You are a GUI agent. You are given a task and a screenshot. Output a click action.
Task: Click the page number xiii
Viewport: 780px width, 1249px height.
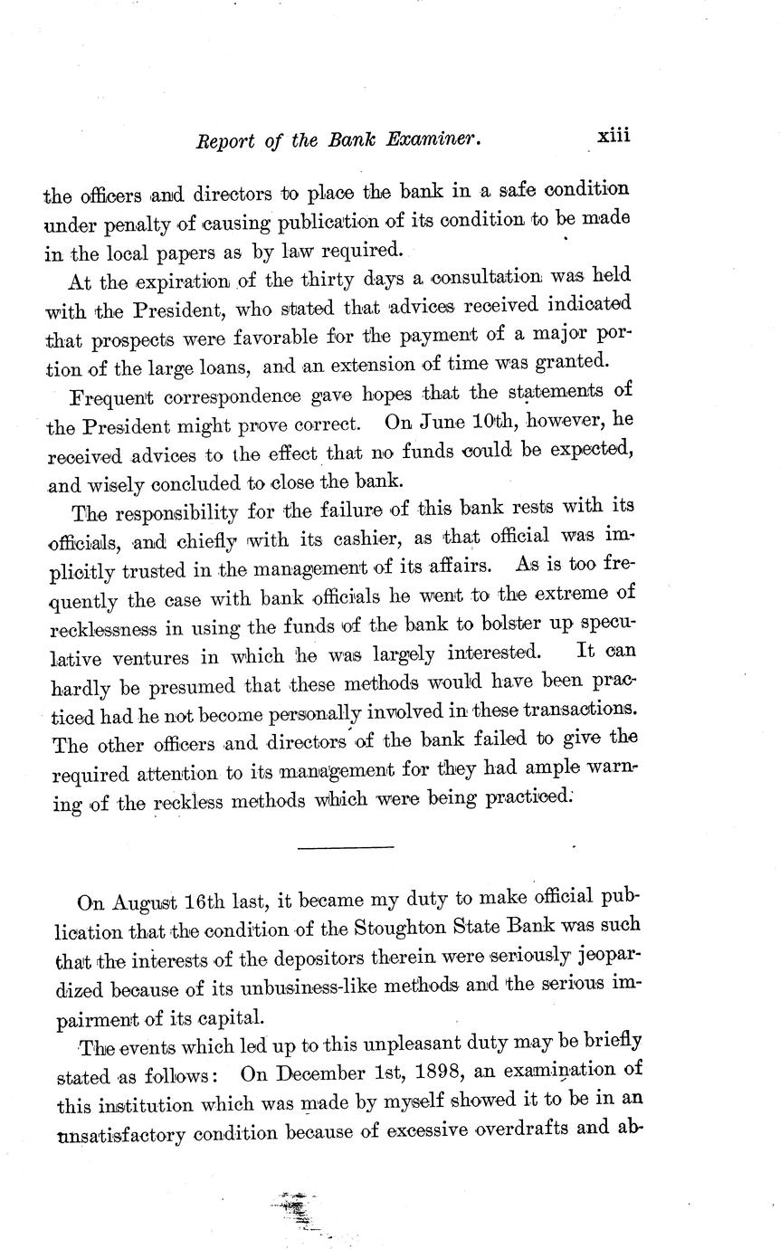(613, 137)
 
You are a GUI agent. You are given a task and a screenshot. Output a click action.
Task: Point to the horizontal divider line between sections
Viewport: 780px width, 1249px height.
(345, 847)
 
